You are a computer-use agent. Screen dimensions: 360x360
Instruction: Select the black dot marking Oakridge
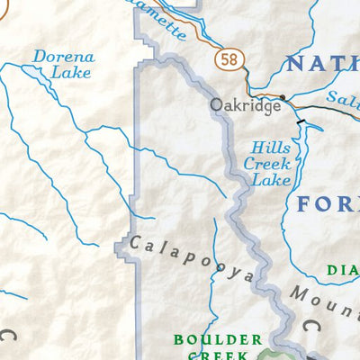tap(283, 96)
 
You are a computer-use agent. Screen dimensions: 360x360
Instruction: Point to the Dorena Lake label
tap(62, 66)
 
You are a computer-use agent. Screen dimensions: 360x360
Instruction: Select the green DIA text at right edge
tap(343, 267)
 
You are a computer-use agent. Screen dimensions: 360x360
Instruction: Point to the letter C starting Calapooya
tap(135, 242)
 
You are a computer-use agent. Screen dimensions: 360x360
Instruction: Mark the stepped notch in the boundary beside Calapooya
tap(123, 243)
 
